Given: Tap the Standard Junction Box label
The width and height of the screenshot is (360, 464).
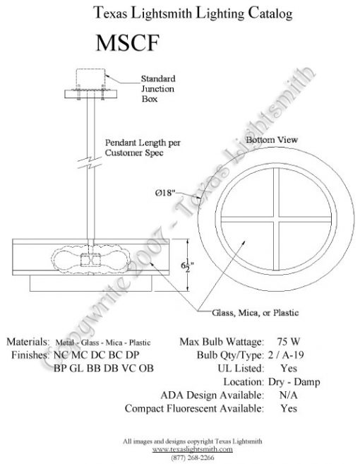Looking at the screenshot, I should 159,89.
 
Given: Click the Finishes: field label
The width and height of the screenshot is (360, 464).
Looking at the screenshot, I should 28,355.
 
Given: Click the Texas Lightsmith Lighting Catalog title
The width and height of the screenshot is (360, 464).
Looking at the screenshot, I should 182,13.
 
